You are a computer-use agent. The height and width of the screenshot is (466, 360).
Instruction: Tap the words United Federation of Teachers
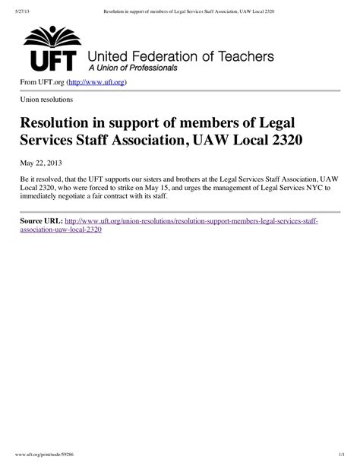[181, 56]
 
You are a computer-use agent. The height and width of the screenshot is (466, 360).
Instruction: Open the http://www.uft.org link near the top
[96, 81]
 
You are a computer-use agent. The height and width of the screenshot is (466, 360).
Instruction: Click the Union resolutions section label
[46, 100]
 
